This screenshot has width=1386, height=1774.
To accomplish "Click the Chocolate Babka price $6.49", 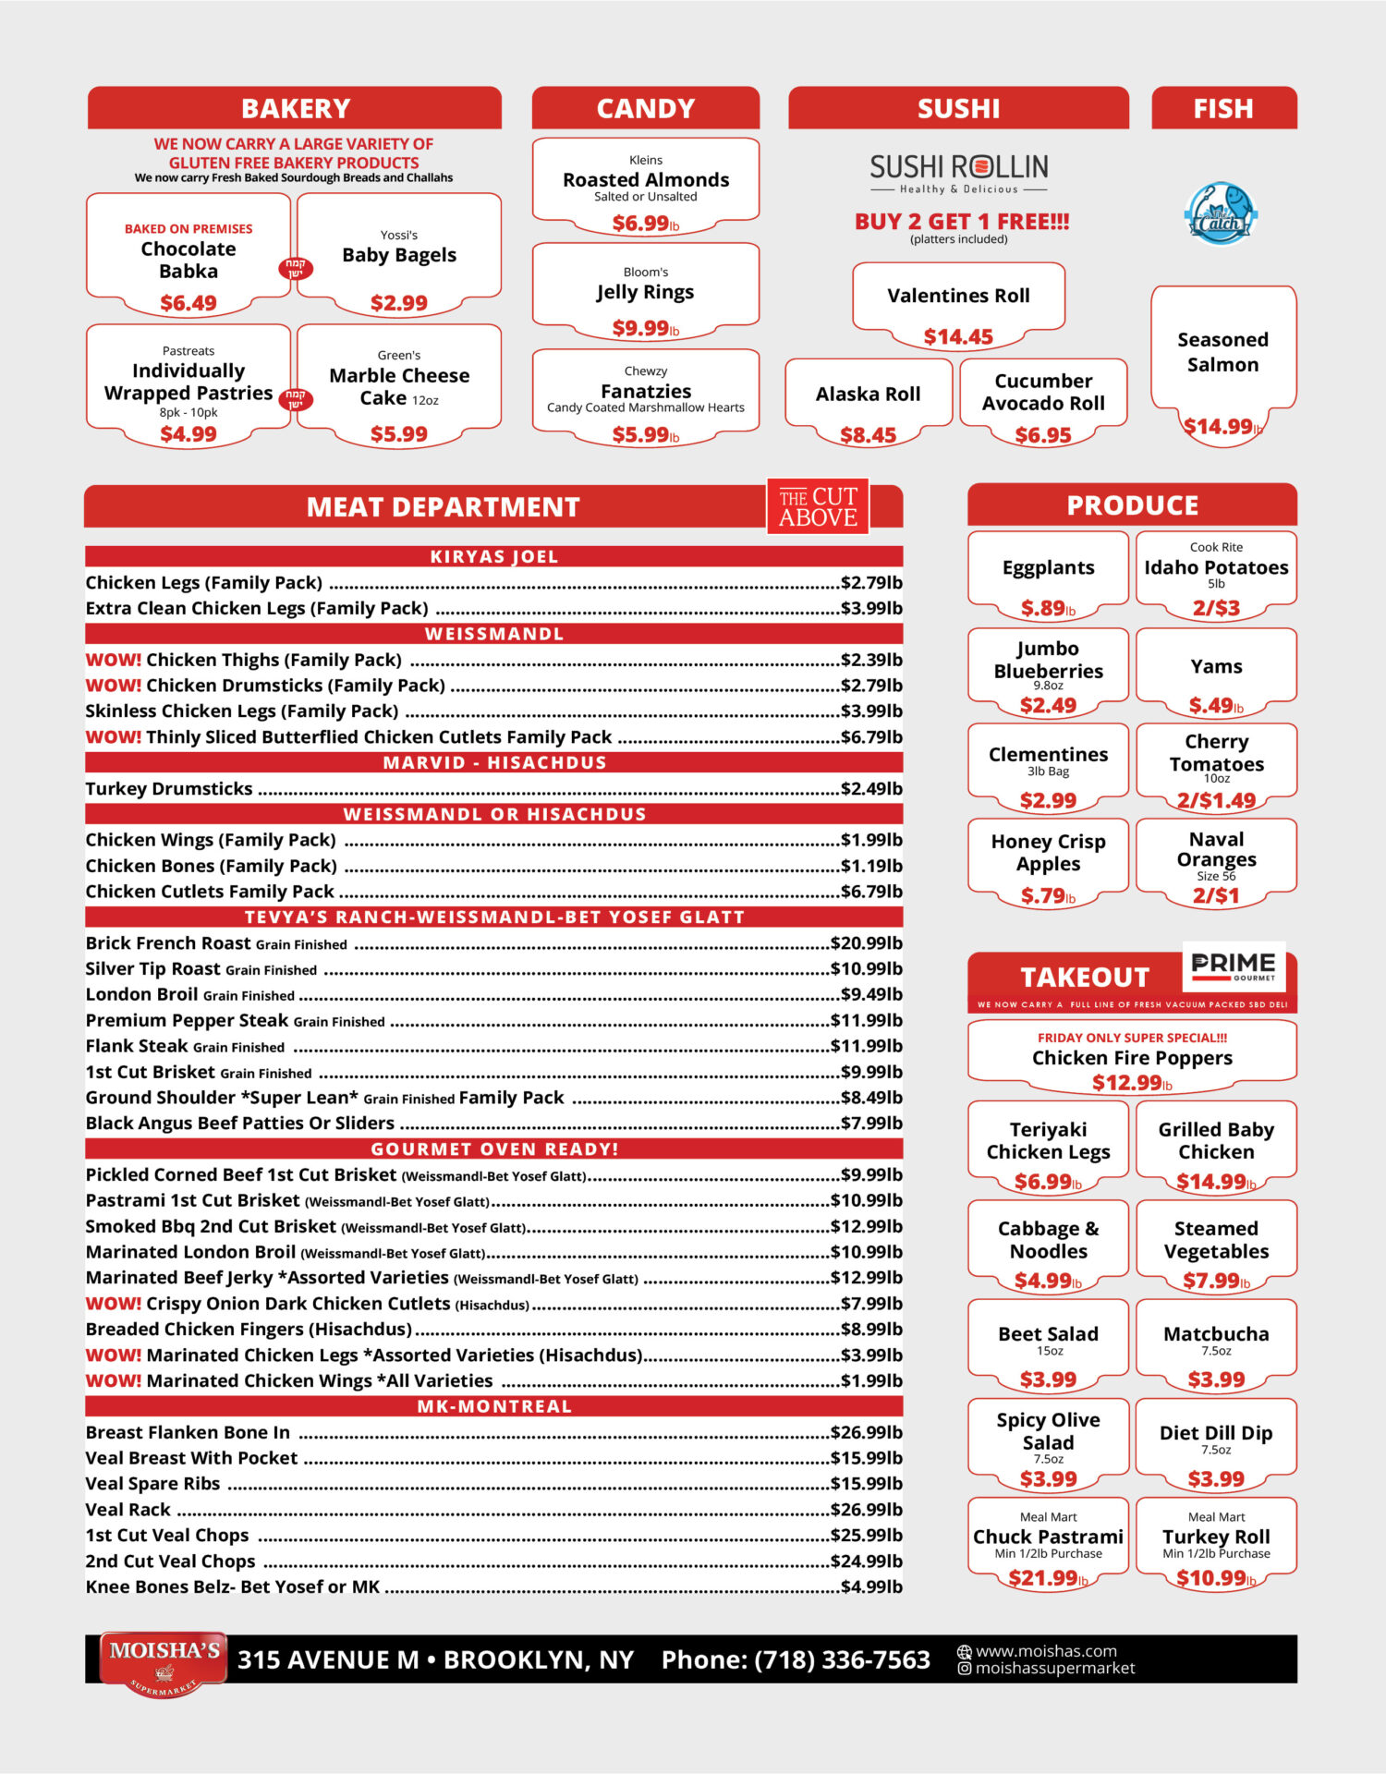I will [x=188, y=303].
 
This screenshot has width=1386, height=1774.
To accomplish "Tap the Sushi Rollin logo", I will [x=958, y=172].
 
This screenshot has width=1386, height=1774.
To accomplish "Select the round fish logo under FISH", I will [x=1221, y=213].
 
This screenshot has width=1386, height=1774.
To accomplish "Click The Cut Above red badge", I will [x=818, y=506].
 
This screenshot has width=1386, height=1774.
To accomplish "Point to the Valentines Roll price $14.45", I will [x=958, y=337].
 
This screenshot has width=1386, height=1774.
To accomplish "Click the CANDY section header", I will [x=645, y=108].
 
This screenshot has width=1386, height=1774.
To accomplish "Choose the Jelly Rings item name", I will [x=645, y=292].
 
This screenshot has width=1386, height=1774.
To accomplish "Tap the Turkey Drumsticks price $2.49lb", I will [x=870, y=788].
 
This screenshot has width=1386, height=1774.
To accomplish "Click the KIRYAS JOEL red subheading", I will [x=493, y=556].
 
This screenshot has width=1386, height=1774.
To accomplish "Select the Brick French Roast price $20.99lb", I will [x=866, y=943].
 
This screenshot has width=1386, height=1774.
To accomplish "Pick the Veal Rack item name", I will [x=128, y=1510].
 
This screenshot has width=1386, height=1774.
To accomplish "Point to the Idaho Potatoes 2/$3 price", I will [x=1216, y=608].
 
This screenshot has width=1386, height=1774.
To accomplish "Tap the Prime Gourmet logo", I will [x=1234, y=966].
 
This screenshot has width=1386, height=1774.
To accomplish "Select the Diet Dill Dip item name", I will [x=1216, y=1433].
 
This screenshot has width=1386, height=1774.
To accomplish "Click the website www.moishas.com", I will [x=1046, y=1651].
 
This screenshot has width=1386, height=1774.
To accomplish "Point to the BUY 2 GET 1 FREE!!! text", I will [x=961, y=222].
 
